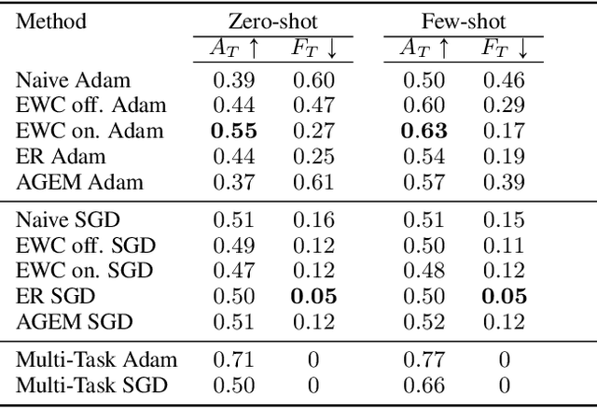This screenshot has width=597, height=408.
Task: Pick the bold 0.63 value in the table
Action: [x=424, y=131]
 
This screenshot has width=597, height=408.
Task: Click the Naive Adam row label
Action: [x=72, y=82]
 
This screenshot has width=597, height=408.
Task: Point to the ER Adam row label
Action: [x=62, y=156]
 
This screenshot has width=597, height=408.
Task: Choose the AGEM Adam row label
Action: [x=80, y=180]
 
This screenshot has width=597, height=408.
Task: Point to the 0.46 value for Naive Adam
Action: [x=504, y=82]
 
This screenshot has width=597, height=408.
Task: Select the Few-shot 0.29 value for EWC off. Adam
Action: [x=504, y=106]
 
